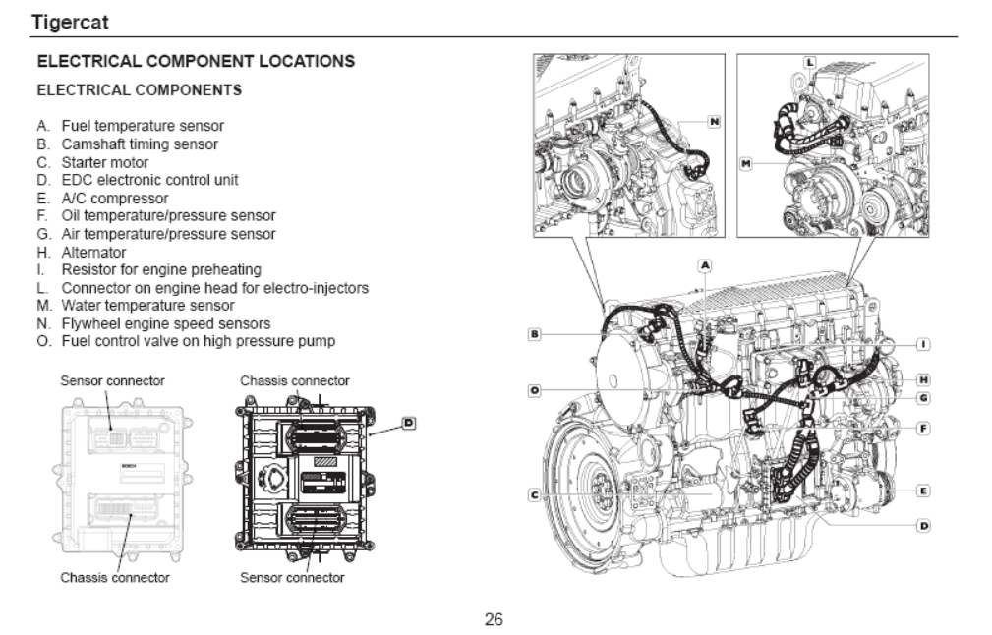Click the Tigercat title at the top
[x=70, y=23]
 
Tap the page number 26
[x=494, y=619]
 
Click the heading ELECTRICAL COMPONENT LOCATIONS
[x=196, y=61]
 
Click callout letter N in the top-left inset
[x=714, y=122]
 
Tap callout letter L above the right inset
[x=810, y=62]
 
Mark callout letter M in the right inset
[x=746, y=164]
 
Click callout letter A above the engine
[x=705, y=265]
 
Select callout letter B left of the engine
[x=535, y=334]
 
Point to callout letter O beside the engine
[x=535, y=391]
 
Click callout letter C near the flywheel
[x=535, y=494]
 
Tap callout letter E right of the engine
[x=924, y=491]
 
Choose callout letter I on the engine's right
[x=924, y=344]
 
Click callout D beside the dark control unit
[x=409, y=423]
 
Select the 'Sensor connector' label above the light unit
[x=113, y=380]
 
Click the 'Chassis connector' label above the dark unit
[x=295, y=380]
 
